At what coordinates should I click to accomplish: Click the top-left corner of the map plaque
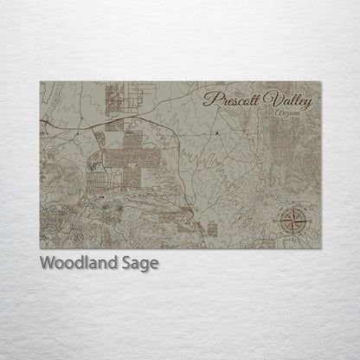click(40, 82)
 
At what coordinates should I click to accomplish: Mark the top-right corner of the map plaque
click(321, 82)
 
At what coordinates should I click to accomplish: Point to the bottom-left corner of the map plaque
click(40, 249)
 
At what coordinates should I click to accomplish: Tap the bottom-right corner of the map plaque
click(321, 249)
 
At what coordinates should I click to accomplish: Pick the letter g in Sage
click(144, 266)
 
